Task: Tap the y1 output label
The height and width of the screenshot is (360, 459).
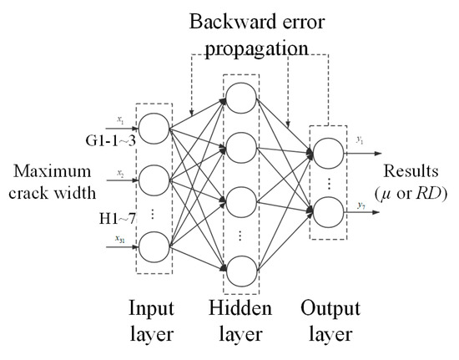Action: click(360, 141)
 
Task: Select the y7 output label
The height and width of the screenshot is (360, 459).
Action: click(360, 204)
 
